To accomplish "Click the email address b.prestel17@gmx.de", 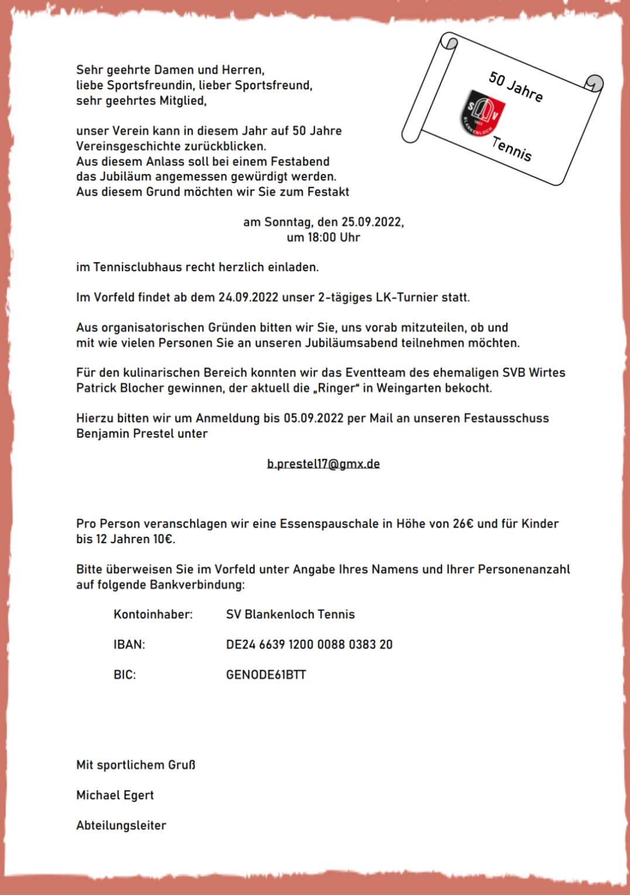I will point(323,464).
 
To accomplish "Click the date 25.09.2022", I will point(372,222).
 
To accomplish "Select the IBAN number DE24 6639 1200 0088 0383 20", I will point(309,644).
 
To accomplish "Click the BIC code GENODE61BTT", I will point(266,674).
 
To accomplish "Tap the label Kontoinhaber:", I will point(153,615).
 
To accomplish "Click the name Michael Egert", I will point(115,795).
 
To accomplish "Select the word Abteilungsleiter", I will point(121,825).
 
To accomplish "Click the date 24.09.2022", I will point(248,297).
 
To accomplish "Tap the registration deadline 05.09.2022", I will point(313,418).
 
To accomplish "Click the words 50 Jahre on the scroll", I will point(516,87).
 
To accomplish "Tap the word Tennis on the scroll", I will point(512,148).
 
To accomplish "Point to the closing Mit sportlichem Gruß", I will point(136,765).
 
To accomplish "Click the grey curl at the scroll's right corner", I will point(595,83).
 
